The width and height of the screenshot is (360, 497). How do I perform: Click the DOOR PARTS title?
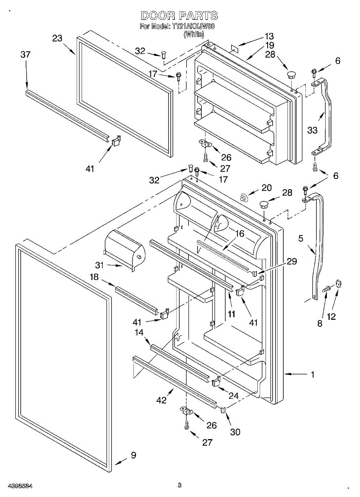point(179,16)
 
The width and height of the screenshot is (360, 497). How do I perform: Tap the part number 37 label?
point(26,55)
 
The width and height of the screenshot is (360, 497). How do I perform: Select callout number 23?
point(57,39)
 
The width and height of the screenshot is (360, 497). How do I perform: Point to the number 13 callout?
point(269,36)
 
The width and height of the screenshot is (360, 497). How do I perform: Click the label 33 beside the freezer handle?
point(312,130)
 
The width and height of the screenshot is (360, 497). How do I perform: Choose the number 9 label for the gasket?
point(133,455)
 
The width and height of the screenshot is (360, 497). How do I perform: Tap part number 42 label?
point(161,400)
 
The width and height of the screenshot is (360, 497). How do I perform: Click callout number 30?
point(235,432)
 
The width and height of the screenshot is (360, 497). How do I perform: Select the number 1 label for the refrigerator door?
point(313,374)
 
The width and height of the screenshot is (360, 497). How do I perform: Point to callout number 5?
point(301,238)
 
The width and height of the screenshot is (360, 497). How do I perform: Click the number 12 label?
point(331,317)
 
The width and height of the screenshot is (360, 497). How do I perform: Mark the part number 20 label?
point(266,188)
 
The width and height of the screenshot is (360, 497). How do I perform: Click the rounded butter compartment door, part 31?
point(124,248)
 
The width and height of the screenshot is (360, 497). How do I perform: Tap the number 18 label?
point(94,277)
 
